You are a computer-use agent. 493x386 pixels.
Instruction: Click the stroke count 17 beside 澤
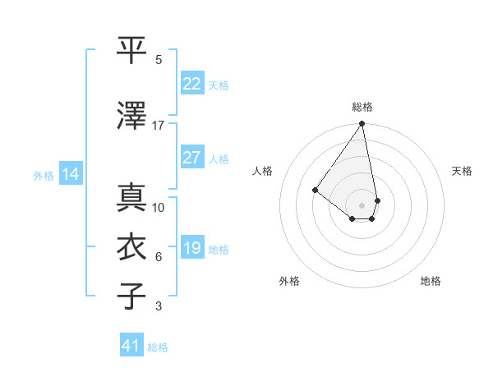(x=159, y=126)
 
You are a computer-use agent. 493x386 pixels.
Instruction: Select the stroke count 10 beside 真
(x=159, y=208)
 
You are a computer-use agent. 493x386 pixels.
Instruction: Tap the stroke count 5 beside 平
(x=159, y=60)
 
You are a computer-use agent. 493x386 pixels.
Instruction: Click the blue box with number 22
(x=192, y=83)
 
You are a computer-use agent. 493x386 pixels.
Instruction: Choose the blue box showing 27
(x=192, y=158)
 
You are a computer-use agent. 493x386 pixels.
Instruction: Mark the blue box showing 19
(x=192, y=248)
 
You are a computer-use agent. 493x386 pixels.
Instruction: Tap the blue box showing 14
(x=71, y=174)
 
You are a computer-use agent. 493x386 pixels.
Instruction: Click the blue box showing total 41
(x=131, y=346)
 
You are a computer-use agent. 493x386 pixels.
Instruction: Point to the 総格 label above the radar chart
(x=362, y=107)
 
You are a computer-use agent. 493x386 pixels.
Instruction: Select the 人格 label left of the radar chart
(x=263, y=171)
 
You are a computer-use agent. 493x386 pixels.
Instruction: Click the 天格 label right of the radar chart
(x=463, y=171)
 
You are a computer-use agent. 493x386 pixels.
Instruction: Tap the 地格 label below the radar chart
(x=431, y=281)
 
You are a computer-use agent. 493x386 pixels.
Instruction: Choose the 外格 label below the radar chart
(x=289, y=281)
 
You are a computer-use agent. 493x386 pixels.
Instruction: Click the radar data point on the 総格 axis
(x=362, y=124)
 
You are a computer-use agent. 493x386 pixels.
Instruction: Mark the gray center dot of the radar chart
(x=362, y=204)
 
